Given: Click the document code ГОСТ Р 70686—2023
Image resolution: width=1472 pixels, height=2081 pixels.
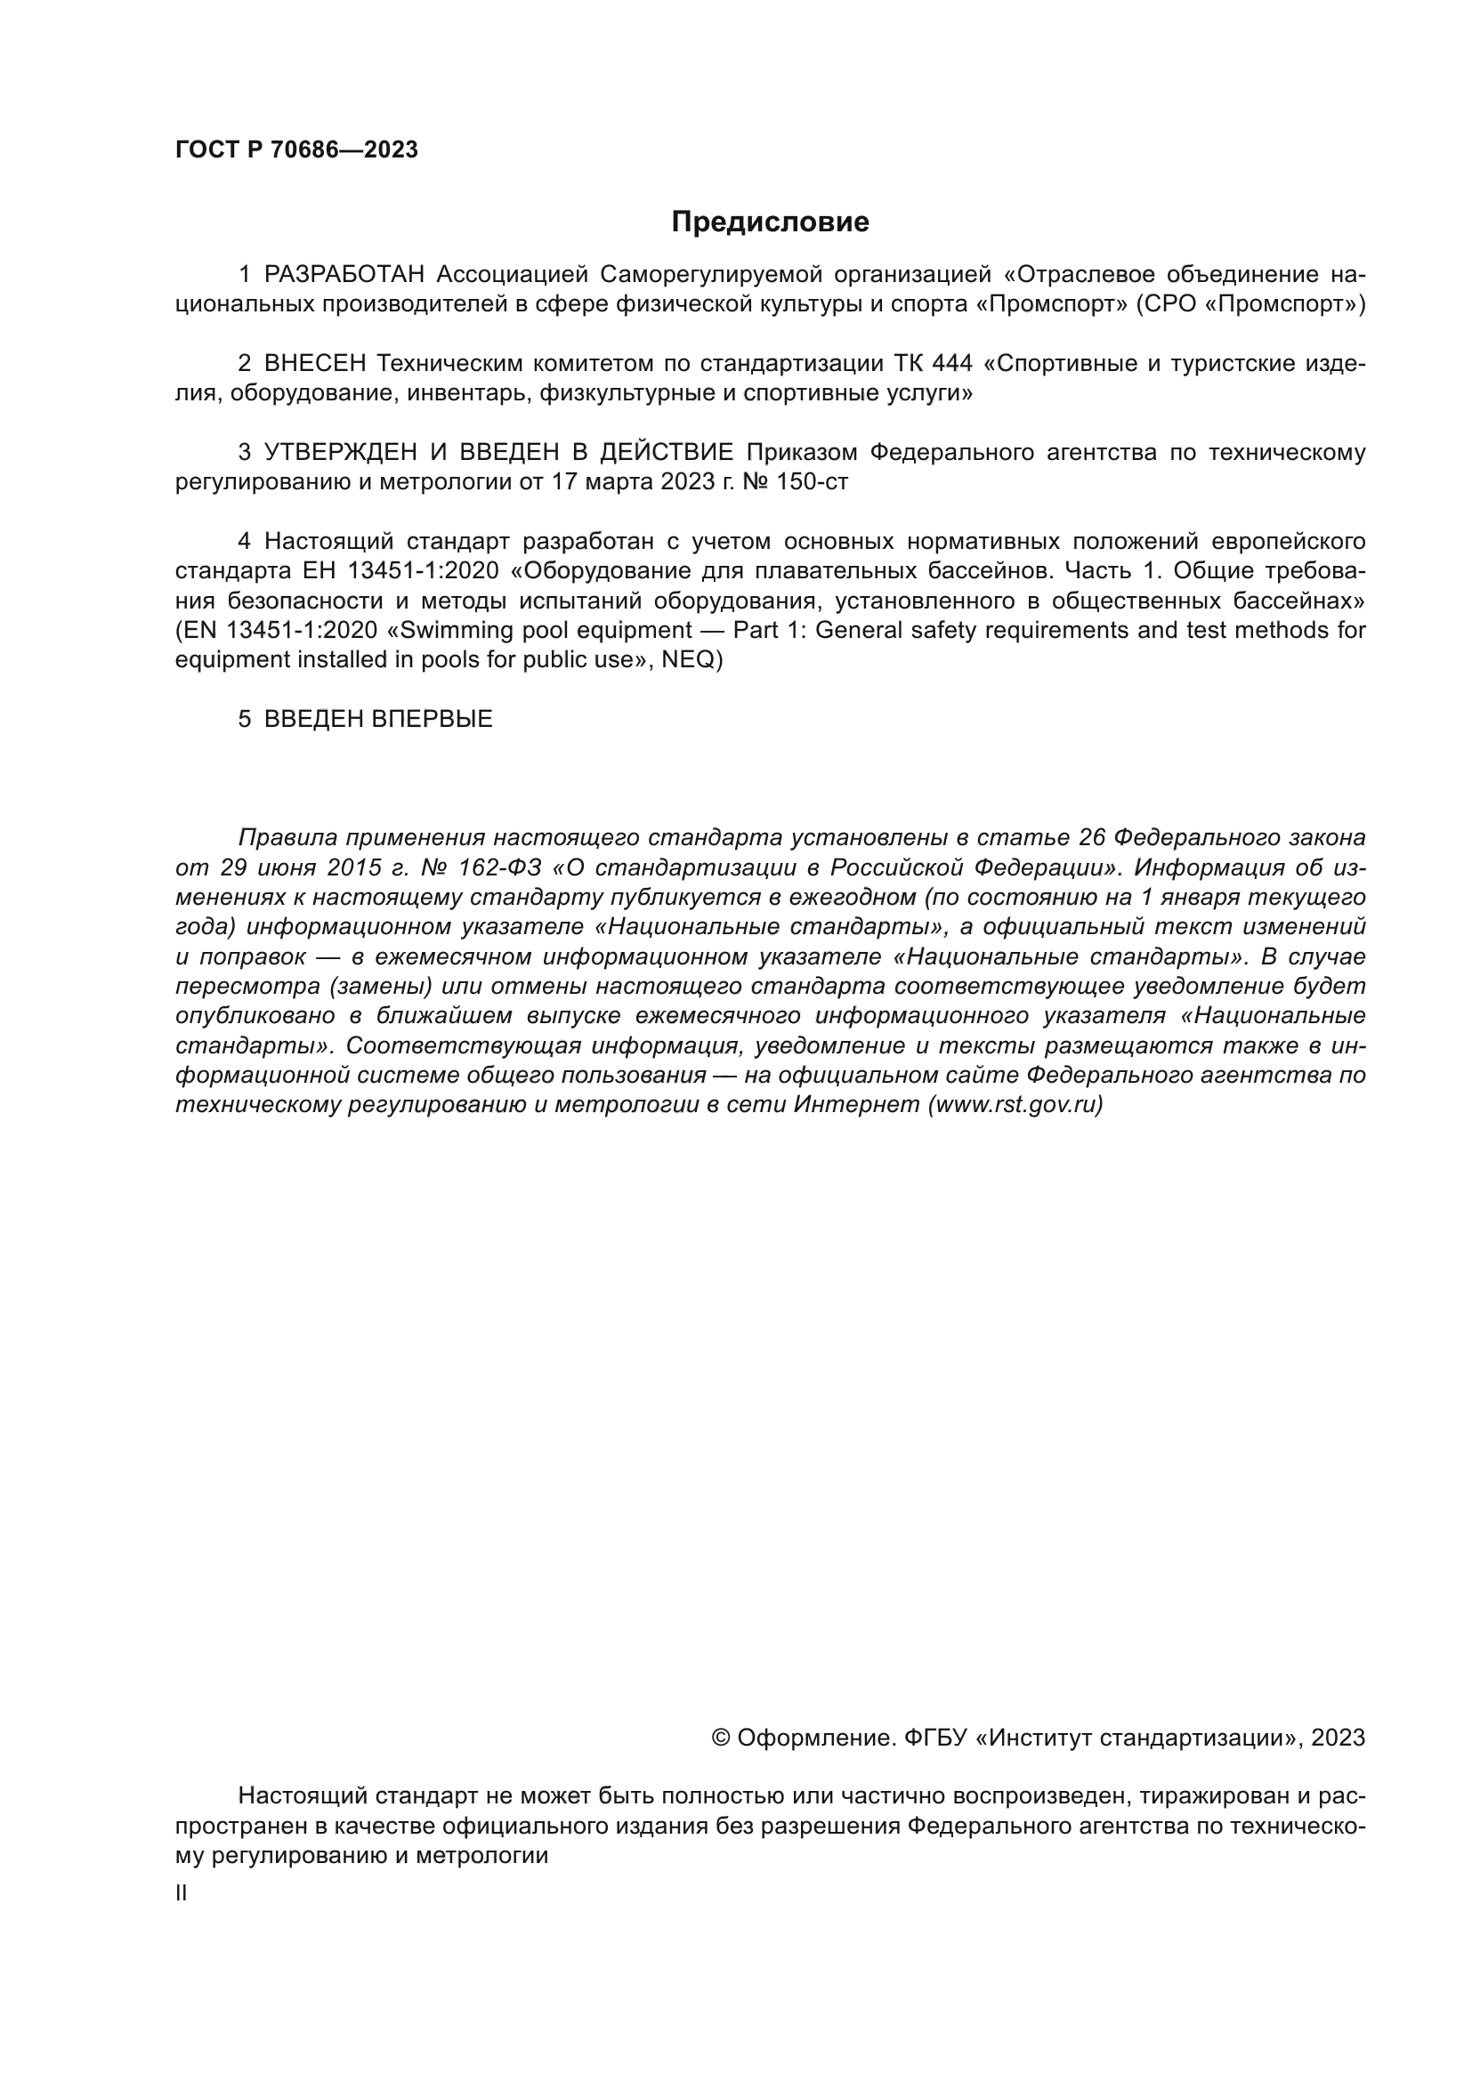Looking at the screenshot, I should (x=296, y=150).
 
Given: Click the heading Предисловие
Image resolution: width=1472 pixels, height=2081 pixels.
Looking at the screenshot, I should (x=770, y=222).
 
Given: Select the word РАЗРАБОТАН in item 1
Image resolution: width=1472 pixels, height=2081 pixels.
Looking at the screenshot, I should (x=344, y=275).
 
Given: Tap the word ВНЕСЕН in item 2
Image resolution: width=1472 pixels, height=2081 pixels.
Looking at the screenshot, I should (x=314, y=364).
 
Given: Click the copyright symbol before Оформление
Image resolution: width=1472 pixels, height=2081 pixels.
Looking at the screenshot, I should (x=722, y=1738).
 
